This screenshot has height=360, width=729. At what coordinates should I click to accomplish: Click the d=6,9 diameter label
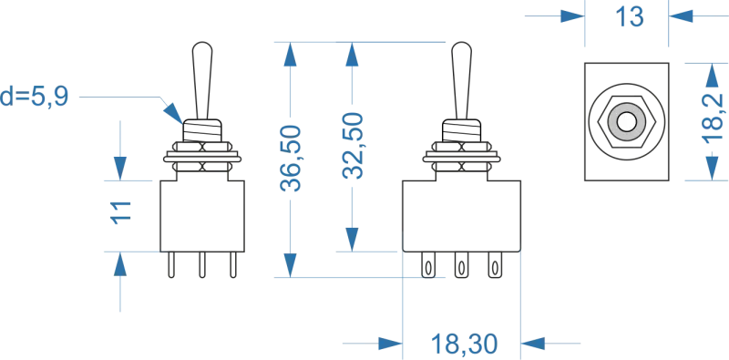tap(36, 94)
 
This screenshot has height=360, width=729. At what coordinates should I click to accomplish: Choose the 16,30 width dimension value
tap(463, 344)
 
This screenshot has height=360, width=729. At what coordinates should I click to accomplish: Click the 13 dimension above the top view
tap(627, 15)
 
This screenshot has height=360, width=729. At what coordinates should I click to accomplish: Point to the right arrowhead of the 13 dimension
tap(678, 15)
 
